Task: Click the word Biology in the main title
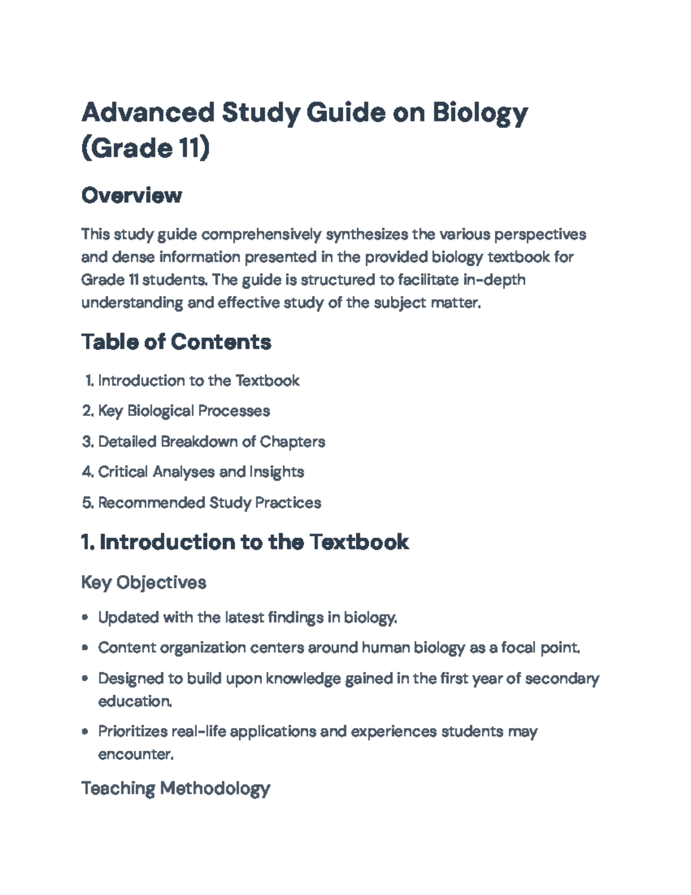tap(480, 113)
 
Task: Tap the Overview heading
tap(131, 195)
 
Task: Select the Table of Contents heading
tap(176, 342)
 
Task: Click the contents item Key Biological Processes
tap(184, 411)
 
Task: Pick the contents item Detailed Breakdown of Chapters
tap(211, 441)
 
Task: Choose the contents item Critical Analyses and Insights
tap(201, 472)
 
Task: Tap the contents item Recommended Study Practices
tap(209, 503)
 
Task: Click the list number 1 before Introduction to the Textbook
tap(89, 381)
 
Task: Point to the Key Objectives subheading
tap(143, 582)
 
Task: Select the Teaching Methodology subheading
tap(175, 788)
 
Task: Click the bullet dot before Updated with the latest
tap(85, 618)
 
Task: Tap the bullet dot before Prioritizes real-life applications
tap(85, 732)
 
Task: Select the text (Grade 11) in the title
tap(145, 149)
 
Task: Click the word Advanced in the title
tap(147, 113)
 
